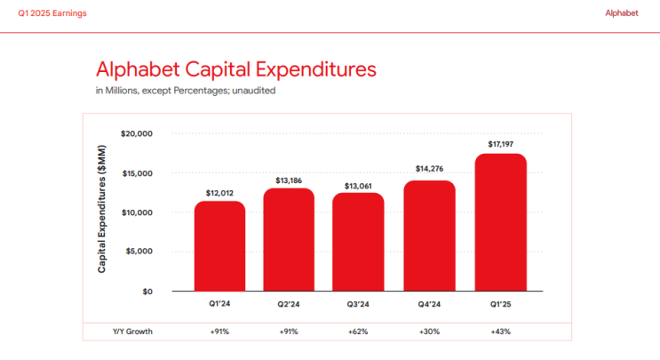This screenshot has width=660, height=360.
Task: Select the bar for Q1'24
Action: (x=219, y=246)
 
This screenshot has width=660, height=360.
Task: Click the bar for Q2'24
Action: (x=289, y=240)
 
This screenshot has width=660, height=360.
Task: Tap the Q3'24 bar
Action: (x=358, y=242)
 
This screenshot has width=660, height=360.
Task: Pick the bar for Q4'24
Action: (x=429, y=236)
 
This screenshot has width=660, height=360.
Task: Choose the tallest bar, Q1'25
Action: (x=501, y=222)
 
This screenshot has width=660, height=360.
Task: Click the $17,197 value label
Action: (x=501, y=144)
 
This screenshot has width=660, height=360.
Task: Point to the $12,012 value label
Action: (x=219, y=193)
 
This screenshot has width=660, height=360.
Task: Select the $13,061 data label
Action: (x=358, y=186)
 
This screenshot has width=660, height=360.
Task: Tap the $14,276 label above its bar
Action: (x=429, y=169)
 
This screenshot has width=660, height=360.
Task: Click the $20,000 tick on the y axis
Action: (x=137, y=134)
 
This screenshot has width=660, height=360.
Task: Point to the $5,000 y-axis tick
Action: (x=139, y=252)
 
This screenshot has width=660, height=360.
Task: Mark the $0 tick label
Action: (x=147, y=292)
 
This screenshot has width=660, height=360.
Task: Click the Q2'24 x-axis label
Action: (x=289, y=304)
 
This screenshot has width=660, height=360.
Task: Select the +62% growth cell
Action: (x=358, y=332)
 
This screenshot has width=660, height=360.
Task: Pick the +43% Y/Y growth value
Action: (x=500, y=332)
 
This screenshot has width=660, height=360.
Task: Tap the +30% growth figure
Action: (x=429, y=332)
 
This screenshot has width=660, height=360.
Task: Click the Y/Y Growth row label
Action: (x=132, y=332)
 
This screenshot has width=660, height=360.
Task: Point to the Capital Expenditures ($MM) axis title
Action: (x=102, y=209)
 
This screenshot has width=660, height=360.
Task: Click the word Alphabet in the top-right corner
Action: (x=622, y=13)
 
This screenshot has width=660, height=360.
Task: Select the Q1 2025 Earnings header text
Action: (x=52, y=13)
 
